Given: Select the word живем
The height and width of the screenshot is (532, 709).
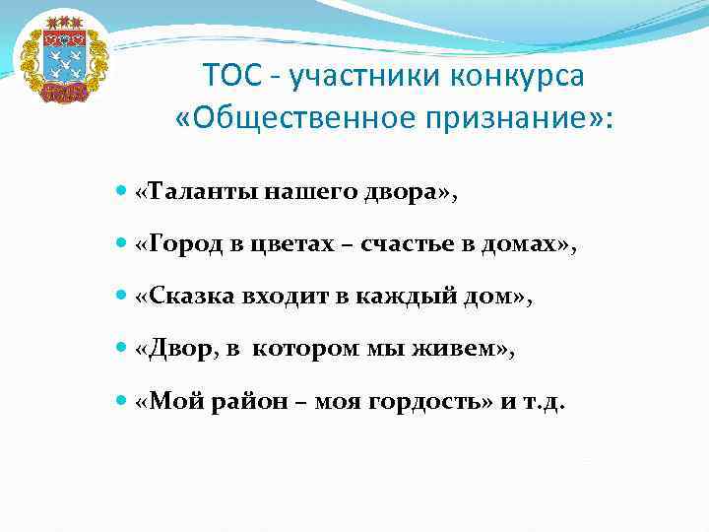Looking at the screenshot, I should click(x=461, y=349).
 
